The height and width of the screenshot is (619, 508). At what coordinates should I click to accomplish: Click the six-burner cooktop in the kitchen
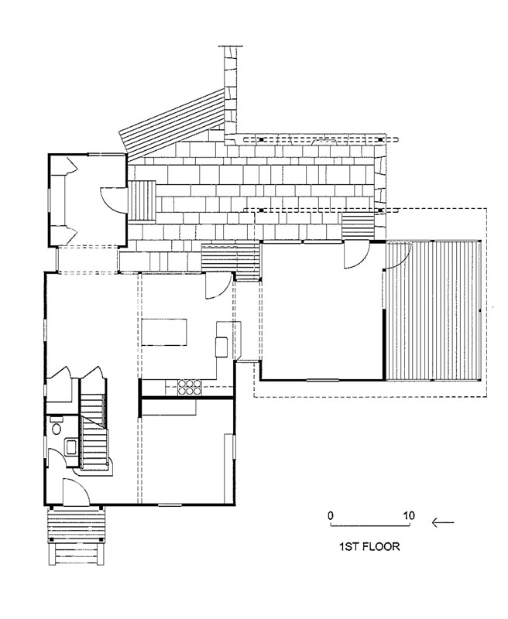(x=190, y=387)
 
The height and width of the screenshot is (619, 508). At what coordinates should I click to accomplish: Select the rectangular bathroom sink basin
(x=71, y=447)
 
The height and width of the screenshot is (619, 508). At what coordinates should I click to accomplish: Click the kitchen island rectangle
(x=164, y=333)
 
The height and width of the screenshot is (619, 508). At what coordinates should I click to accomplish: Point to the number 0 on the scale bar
(x=331, y=515)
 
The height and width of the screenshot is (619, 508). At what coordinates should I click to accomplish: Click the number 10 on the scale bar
(x=409, y=515)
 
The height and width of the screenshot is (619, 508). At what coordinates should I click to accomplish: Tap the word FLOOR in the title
(x=382, y=547)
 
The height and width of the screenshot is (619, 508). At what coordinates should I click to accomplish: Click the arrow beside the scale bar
(x=443, y=523)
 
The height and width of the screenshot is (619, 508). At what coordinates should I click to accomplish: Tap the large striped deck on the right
(x=433, y=310)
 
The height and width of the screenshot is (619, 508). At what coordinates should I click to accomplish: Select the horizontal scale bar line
(x=370, y=526)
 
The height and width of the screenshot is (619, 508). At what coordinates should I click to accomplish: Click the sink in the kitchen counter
(x=221, y=347)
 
